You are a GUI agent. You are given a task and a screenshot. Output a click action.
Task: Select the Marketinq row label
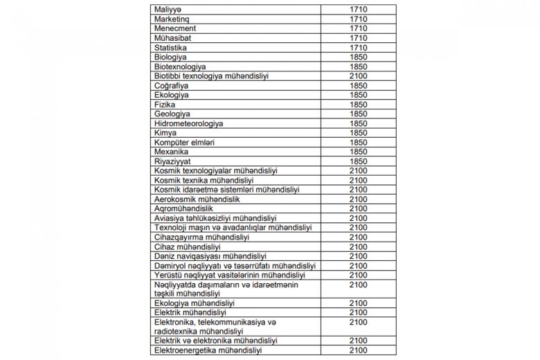(170, 19)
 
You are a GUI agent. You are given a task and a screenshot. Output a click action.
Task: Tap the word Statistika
(170, 48)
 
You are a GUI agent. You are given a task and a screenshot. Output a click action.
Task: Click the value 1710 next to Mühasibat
(359, 38)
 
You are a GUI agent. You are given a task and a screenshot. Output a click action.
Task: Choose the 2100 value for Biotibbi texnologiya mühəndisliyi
(359, 76)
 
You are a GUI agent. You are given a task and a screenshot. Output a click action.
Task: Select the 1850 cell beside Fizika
(359, 105)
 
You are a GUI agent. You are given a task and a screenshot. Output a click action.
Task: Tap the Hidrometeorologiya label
(188, 123)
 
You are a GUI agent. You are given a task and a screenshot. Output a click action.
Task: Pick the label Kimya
(165, 133)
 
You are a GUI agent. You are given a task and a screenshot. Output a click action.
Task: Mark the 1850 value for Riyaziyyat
(359, 161)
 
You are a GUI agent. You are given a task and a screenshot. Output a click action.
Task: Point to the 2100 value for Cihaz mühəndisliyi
(359, 246)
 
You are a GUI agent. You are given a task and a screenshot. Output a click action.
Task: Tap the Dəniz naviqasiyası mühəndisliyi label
(210, 256)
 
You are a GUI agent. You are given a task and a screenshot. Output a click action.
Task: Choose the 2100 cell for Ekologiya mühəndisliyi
(359, 303)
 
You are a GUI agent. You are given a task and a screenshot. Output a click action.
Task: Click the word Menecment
(174, 28)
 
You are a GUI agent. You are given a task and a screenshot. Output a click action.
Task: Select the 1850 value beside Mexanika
(359, 152)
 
